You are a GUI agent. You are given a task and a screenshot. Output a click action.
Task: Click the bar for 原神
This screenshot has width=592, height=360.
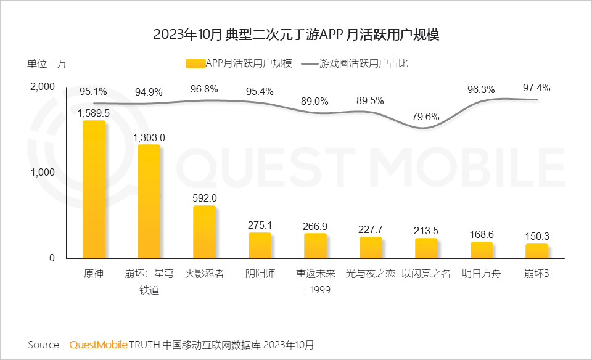point(94,189)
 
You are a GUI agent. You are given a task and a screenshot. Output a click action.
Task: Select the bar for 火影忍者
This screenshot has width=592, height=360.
point(205,232)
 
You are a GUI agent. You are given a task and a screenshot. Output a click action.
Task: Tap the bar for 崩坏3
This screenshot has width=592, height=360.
point(536,251)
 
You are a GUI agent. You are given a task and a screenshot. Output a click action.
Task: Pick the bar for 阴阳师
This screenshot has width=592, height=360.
point(260,245)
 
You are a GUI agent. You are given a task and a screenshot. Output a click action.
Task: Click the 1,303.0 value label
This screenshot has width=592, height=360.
point(149,137)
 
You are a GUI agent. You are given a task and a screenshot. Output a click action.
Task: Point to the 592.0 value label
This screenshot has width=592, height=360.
point(205,198)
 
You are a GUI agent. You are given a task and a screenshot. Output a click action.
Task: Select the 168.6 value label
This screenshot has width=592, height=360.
point(482,234)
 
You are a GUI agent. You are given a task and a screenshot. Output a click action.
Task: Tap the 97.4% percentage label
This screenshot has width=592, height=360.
point(536,88)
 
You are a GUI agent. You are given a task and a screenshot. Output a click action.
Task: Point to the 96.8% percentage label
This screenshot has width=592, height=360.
point(205,89)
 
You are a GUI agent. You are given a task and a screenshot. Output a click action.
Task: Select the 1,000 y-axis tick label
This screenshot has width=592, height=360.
point(43,173)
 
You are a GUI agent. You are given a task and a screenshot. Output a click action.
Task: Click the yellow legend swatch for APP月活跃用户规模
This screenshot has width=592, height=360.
point(194,63)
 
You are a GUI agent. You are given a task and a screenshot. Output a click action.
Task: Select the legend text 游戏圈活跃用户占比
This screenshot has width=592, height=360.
point(364,63)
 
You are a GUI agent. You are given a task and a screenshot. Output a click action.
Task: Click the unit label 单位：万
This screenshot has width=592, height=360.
point(46,63)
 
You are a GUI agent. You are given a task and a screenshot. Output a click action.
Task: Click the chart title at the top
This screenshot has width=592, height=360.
point(295,35)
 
